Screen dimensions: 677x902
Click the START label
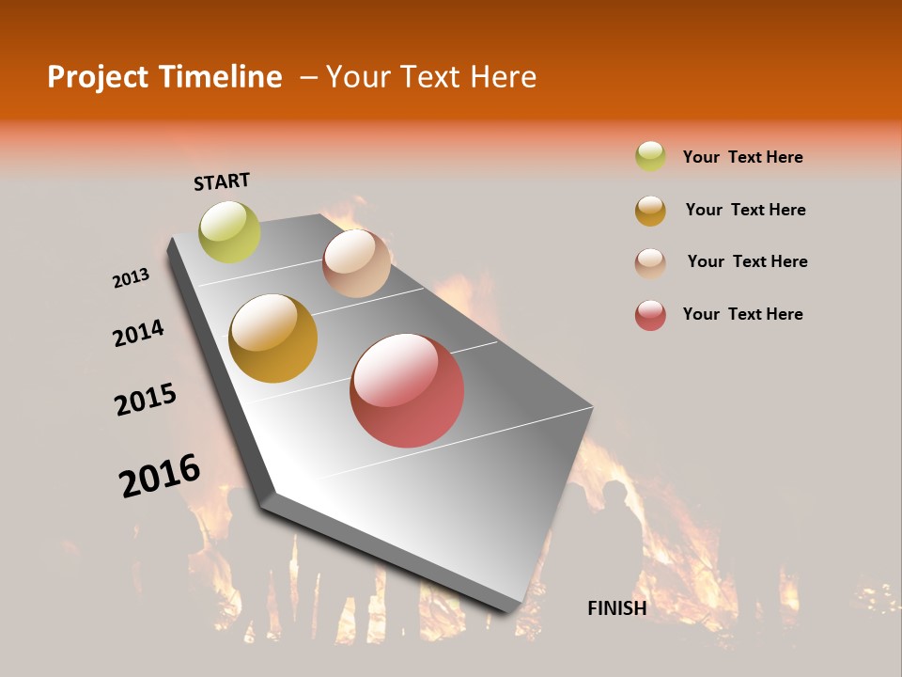point(222,181)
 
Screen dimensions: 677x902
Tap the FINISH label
point(616,608)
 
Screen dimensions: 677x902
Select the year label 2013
point(131,278)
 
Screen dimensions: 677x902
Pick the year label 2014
point(138,333)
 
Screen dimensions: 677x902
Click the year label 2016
point(160,475)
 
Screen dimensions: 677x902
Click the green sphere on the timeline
point(229,232)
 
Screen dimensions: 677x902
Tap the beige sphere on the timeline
point(356,263)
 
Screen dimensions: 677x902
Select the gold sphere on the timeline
point(273,338)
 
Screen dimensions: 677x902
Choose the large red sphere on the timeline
point(407,390)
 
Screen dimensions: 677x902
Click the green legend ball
point(650,156)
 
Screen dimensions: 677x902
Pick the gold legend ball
point(650,211)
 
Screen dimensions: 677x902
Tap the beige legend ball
point(650,263)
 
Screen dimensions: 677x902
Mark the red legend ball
point(650,315)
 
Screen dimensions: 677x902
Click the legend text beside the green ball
point(742,157)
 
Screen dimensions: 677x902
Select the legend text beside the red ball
point(742,314)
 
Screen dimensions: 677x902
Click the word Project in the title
point(97,77)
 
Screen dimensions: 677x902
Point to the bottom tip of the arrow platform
point(507,610)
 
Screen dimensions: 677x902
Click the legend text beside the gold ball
point(745,210)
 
